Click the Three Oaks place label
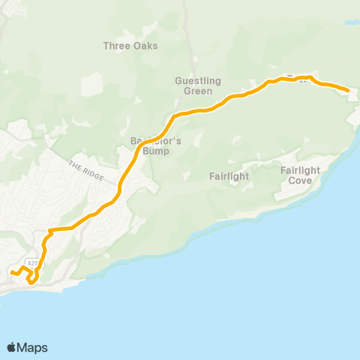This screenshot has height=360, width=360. pyautogui.click(x=130, y=46)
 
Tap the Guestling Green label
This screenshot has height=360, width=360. pyautogui.click(x=193, y=85)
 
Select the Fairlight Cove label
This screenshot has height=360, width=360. pyautogui.click(x=300, y=175)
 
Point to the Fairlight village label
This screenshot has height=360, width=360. pyautogui.click(x=229, y=176)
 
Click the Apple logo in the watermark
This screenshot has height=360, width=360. pyautogui.click(x=12, y=347)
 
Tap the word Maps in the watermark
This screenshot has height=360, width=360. pyautogui.click(x=33, y=347)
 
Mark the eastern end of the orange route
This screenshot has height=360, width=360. pyautogui.click(x=348, y=91)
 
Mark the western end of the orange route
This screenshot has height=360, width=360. pyautogui.click(x=11, y=271)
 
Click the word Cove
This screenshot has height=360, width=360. pyautogui.click(x=300, y=180)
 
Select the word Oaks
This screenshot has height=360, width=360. pyautogui.click(x=145, y=46)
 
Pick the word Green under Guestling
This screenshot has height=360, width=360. pyautogui.click(x=193, y=91)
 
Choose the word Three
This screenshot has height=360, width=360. pyautogui.click(x=117, y=46)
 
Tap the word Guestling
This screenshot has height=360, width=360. pyautogui.click(x=193, y=80)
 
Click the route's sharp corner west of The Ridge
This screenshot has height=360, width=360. pyautogui.click(x=49, y=230)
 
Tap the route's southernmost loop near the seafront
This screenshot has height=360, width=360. pyautogui.click(x=32, y=280)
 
